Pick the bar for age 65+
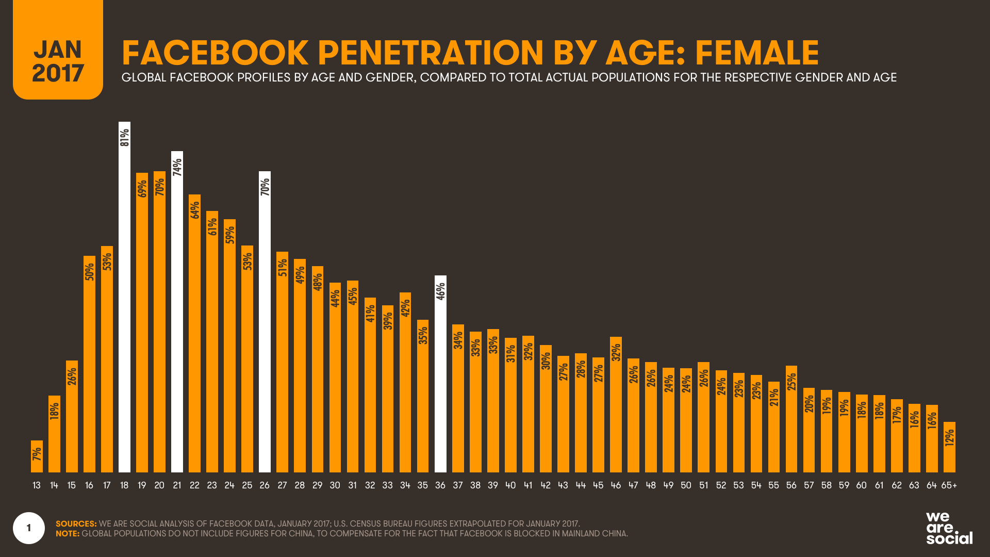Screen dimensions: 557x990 click(949, 447)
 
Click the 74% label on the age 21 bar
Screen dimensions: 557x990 click(177, 167)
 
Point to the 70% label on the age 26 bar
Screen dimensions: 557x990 click(265, 187)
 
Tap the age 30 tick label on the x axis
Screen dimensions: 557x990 click(335, 485)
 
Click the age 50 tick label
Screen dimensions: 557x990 click(686, 485)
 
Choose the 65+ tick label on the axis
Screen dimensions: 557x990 click(949, 485)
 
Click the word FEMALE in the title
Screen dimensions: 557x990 click(756, 53)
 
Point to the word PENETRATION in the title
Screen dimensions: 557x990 click(430, 53)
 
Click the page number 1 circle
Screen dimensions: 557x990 click(29, 528)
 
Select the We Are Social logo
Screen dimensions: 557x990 click(949, 528)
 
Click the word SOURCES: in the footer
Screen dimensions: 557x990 click(76, 523)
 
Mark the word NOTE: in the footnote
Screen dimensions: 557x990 click(68, 534)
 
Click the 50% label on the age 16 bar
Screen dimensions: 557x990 click(90, 272)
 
